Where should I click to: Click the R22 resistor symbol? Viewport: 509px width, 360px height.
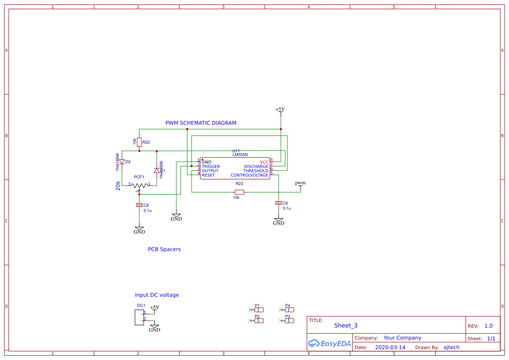[x=139, y=142]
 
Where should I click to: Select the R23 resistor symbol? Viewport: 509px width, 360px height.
[x=239, y=192]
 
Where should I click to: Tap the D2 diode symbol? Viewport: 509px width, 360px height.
[x=122, y=161]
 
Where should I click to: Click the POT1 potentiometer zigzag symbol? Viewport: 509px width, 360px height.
[x=139, y=185]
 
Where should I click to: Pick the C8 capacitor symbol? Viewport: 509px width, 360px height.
[x=139, y=205]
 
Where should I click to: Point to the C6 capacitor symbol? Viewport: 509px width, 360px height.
[x=278, y=203]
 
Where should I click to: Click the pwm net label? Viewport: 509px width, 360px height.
[x=300, y=183]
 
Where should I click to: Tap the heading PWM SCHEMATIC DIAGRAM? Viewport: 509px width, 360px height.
[x=201, y=123]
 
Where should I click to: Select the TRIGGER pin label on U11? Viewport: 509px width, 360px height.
[x=211, y=167]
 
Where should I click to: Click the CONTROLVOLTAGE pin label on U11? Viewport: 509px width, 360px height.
[x=249, y=175]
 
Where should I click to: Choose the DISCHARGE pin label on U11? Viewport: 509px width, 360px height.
[x=256, y=167]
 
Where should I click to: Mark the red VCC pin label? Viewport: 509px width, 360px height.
[x=264, y=162]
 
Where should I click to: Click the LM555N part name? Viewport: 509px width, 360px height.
[x=240, y=155]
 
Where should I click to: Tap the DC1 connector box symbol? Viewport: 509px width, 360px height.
[x=139, y=317]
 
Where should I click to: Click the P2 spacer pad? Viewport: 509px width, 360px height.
[x=259, y=320]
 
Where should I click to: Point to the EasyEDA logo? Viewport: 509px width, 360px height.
[x=329, y=343]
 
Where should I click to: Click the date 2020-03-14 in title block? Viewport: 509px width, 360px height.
[x=390, y=347]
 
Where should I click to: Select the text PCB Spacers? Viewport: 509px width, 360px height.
[x=164, y=249]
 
